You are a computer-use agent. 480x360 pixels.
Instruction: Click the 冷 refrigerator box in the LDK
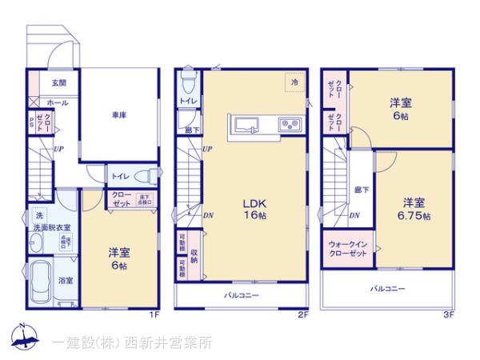[294, 82]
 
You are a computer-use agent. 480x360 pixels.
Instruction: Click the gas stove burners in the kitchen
[287, 125]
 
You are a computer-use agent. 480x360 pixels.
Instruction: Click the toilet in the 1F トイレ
[145, 175]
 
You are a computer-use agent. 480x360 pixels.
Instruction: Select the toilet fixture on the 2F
[188, 82]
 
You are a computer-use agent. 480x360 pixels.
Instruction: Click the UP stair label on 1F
[59, 150]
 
